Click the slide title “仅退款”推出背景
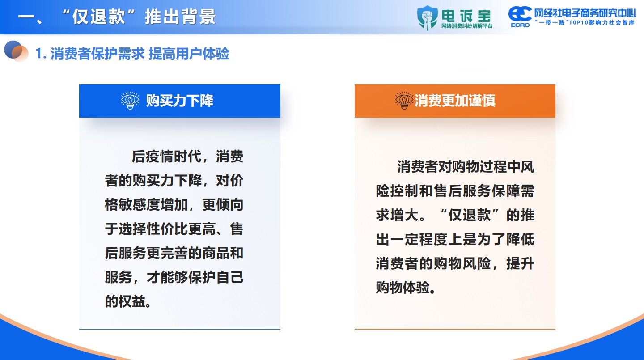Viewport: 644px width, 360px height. [x=139, y=17]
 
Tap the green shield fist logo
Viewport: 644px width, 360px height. [x=428, y=18]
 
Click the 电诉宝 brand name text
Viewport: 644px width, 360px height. [x=466, y=16]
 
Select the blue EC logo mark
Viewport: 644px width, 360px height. [x=520, y=14]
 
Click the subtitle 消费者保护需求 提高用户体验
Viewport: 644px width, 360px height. [x=140, y=54]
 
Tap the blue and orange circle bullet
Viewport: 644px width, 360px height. [x=16, y=51]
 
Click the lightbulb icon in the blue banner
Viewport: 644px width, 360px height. [x=130, y=101]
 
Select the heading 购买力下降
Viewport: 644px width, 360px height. [x=179, y=101]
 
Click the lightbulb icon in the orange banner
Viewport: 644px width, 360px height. [x=404, y=101]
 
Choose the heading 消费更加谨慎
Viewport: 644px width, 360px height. [x=455, y=101]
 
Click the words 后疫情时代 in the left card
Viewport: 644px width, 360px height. [x=166, y=157]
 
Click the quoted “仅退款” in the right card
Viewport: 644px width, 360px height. [x=469, y=215]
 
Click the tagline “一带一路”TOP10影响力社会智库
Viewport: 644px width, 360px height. [x=585, y=22]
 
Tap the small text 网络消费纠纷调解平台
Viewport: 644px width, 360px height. [x=467, y=26]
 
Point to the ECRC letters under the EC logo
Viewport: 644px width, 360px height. [x=520, y=25]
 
